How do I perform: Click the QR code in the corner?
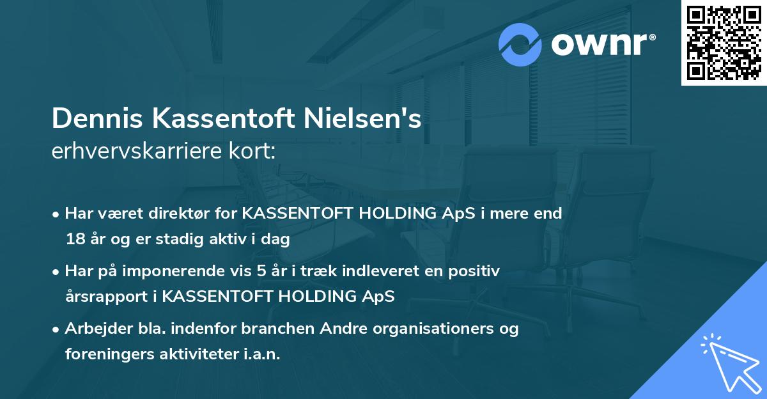[724, 43]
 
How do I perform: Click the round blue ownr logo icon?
[521, 44]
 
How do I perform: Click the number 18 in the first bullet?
[74, 240]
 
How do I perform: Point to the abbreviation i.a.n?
[261, 354]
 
